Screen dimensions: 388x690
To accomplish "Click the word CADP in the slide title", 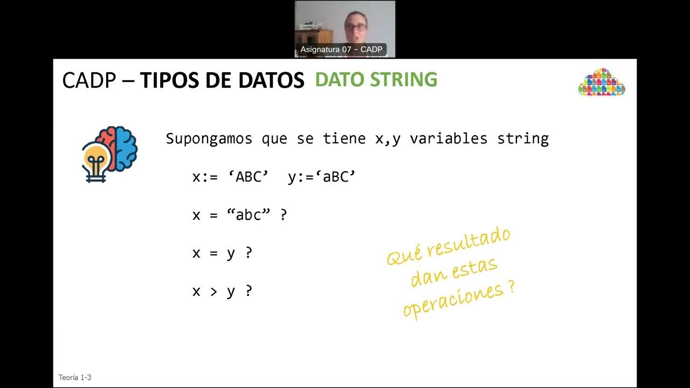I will tap(89, 80).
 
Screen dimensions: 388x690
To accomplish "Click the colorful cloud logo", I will tap(602, 82).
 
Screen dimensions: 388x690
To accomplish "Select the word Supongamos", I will tap(209, 138).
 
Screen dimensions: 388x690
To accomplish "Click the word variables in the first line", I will tap(448, 138).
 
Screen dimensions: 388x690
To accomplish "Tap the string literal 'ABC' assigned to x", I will tap(248, 177).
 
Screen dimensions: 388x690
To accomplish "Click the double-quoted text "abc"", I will tap(248, 214).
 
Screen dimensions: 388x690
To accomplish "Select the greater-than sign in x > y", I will tap(213, 291).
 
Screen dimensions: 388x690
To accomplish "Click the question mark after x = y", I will tap(249, 253).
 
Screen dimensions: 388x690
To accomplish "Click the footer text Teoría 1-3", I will tap(75, 378).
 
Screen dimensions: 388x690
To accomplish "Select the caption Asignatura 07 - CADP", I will tap(341, 50).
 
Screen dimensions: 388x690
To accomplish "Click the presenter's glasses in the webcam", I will tap(356, 26).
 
